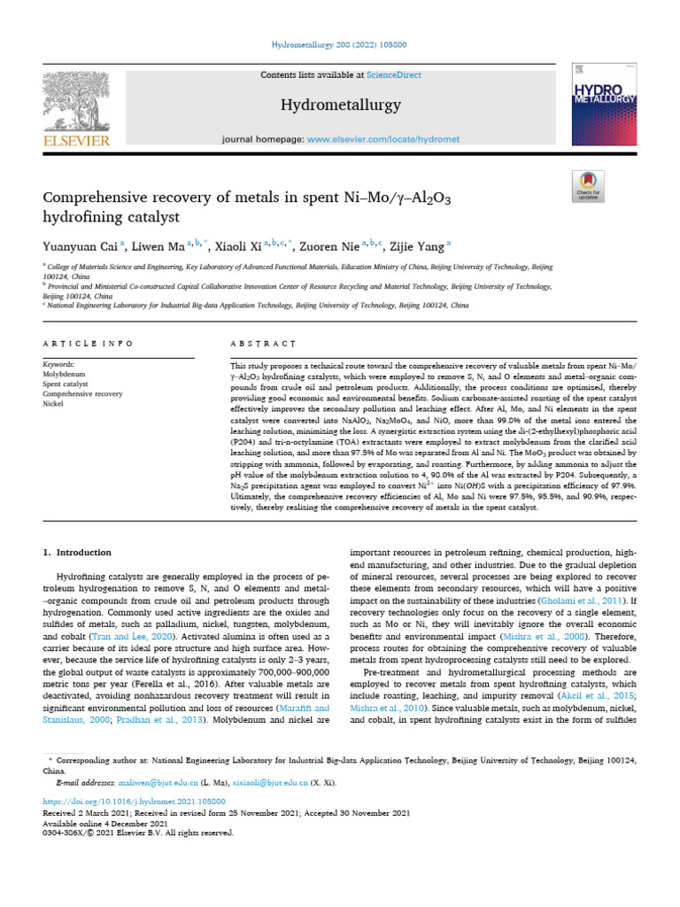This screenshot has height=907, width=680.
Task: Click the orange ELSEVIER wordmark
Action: [x=75, y=140]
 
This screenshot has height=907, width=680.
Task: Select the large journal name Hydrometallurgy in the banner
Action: [x=341, y=105]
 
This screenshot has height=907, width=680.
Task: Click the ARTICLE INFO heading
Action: [x=88, y=343]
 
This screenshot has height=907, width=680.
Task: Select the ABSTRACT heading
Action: [x=263, y=343]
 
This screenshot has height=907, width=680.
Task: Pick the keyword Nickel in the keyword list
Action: [x=54, y=402]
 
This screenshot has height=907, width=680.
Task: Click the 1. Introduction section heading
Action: [x=78, y=552]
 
